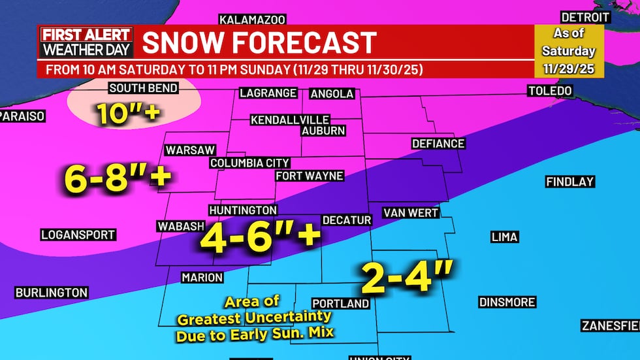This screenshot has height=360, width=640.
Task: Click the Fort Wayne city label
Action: (x=309, y=176)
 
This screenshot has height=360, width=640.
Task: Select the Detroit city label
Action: (x=585, y=18)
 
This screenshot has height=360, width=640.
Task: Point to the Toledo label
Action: (x=550, y=90)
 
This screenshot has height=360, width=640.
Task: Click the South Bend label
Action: (x=141, y=88)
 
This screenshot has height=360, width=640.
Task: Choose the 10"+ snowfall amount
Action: (x=129, y=114)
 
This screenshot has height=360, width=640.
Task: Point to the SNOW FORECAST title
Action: (x=259, y=43)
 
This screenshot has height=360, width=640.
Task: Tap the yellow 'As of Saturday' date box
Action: (x=568, y=51)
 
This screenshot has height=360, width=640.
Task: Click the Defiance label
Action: (x=438, y=144)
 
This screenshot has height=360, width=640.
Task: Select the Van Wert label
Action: (x=410, y=213)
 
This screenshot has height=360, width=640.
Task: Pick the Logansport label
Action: (x=78, y=235)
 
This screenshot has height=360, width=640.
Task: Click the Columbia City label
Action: (x=249, y=163)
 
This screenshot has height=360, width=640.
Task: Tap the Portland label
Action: (x=340, y=304)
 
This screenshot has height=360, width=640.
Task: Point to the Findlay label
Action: (x=570, y=182)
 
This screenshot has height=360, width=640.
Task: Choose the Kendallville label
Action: (x=290, y=120)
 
